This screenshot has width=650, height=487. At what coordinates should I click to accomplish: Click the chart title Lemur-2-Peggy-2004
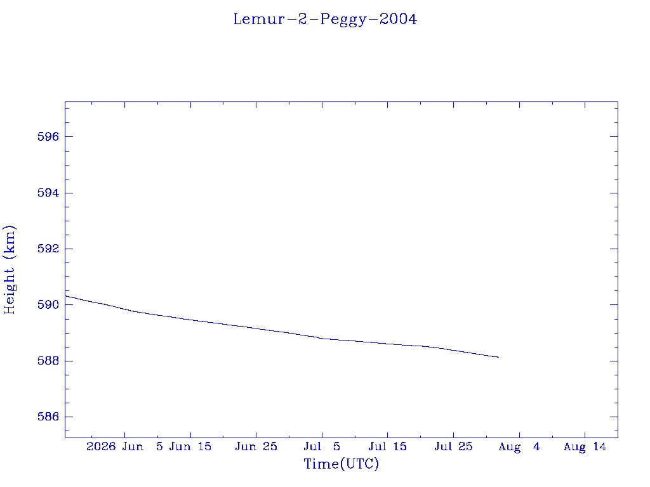pos(325,20)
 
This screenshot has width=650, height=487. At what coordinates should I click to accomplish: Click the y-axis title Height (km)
pos(10,269)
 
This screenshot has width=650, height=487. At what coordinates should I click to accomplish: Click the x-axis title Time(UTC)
pos(341,464)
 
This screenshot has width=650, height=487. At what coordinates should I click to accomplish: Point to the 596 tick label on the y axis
pos(48,137)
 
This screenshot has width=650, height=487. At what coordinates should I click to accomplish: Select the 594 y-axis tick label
pos(48,193)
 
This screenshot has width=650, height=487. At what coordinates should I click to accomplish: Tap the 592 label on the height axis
pos(48,249)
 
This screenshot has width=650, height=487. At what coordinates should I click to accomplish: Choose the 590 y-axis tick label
pos(48,305)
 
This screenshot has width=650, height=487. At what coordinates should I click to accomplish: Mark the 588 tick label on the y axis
pos(48,361)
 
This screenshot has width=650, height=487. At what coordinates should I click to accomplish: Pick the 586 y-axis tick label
pos(48,417)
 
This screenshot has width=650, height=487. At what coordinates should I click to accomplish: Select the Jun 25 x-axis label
pos(256,447)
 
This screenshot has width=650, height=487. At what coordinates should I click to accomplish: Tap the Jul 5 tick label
pos(322,447)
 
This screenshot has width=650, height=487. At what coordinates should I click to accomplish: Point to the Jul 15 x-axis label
pos(388,447)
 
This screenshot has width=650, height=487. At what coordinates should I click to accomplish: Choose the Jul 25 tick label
pos(453,447)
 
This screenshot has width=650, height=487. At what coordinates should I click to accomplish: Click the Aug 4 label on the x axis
pos(519,447)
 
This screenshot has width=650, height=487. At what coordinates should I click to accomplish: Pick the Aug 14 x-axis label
pos(585,447)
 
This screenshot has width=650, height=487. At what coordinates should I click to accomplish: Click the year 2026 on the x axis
pos(101,447)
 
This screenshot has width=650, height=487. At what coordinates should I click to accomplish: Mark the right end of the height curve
pos(499,357)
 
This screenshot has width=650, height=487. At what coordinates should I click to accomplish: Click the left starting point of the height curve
pos(65,296)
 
